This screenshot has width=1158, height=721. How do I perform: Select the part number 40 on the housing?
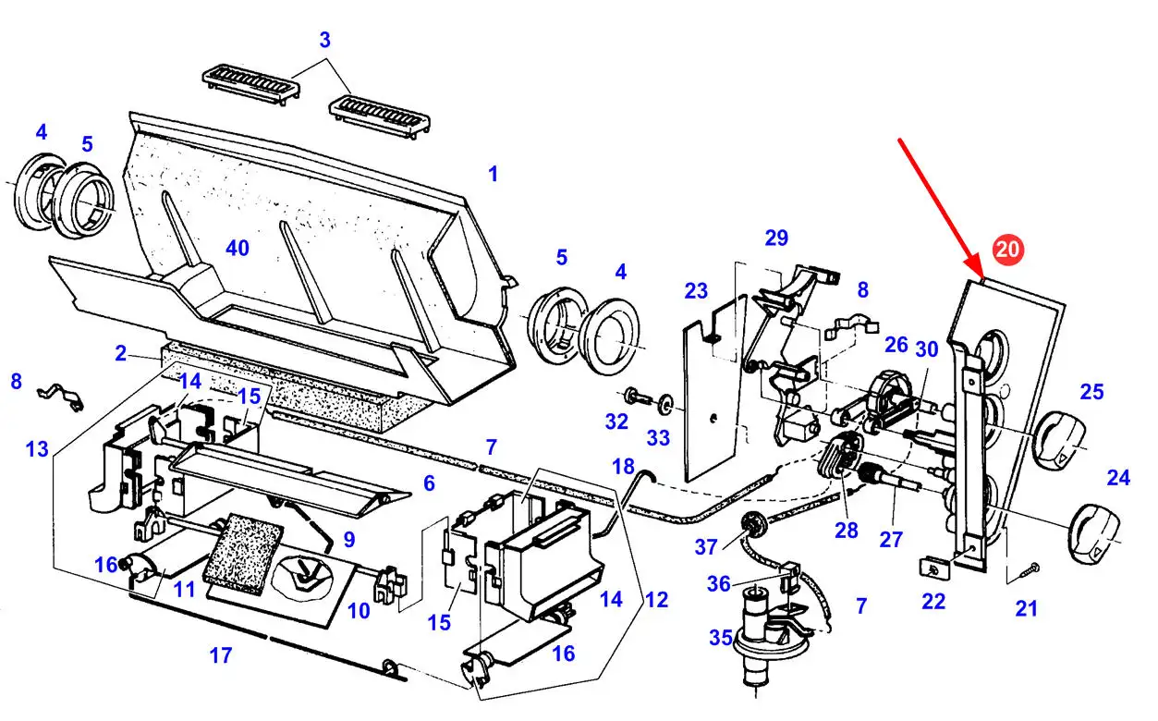click(238, 247)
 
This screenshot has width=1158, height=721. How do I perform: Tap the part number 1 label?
click(494, 174)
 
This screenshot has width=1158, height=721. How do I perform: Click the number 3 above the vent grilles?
click(324, 40)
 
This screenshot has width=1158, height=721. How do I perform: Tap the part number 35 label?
click(720, 637)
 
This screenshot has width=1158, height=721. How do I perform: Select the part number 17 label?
click(220, 656)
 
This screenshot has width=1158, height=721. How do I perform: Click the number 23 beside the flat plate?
click(696, 292)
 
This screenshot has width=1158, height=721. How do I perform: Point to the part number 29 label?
click(776, 238)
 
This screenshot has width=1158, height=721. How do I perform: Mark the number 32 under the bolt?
click(616, 422)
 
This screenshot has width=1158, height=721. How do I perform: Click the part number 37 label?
click(707, 546)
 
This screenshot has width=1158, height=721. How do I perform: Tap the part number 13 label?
click(37, 449)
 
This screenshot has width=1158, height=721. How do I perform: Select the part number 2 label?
click(120, 353)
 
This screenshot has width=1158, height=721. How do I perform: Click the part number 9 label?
click(348, 538)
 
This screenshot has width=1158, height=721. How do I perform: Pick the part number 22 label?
click(933, 601)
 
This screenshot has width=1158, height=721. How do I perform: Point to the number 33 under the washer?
click(659, 435)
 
